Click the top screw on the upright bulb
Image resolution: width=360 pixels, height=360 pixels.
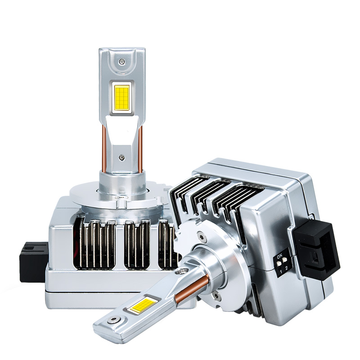pyautogui.click(x=122, y=61)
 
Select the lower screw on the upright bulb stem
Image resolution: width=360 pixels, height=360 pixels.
pyautogui.click(x=121, y=157)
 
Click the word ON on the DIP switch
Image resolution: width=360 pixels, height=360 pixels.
pyautogui.click(x=279, y=256)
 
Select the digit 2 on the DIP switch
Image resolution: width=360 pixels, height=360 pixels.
pyautogui.click(x=286, y=268)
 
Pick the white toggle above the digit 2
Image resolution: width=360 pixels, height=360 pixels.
pyautogui.click(x=284, y=260)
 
